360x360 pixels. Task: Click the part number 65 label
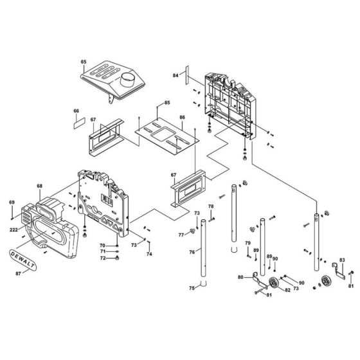[x=83, y=62]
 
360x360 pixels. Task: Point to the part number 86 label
[x=182, y=118]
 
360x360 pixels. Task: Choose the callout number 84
[x=175, y=75]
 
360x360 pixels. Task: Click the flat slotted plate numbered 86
[x=165, y=136]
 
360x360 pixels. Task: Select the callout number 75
[x=190, y=288]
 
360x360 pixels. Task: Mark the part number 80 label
[x=240, y=278]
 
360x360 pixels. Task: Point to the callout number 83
[x=342, y=261]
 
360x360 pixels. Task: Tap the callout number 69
[x=11, y=203]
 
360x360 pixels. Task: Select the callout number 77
[x=181, y=234]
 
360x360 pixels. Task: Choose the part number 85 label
[x=166, y=103]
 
